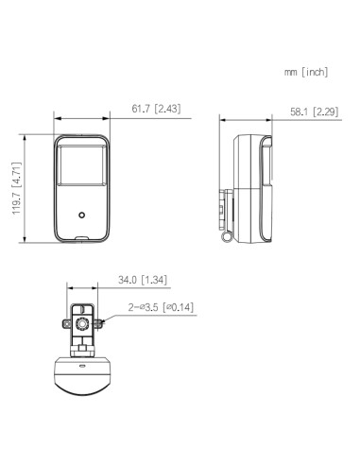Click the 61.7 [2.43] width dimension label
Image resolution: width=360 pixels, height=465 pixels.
156,109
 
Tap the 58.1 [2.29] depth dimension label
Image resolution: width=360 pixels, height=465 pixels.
315,112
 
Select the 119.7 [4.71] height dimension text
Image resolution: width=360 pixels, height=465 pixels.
17,188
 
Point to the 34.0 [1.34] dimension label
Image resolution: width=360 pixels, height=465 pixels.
143,280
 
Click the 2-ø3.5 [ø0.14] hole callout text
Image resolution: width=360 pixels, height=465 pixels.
161,307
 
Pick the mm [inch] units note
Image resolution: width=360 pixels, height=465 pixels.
306,72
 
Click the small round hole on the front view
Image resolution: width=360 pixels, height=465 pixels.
82,215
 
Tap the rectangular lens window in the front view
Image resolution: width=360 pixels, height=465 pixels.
82,165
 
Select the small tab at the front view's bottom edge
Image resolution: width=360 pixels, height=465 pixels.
82,239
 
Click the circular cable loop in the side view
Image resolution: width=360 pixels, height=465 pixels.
226,236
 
